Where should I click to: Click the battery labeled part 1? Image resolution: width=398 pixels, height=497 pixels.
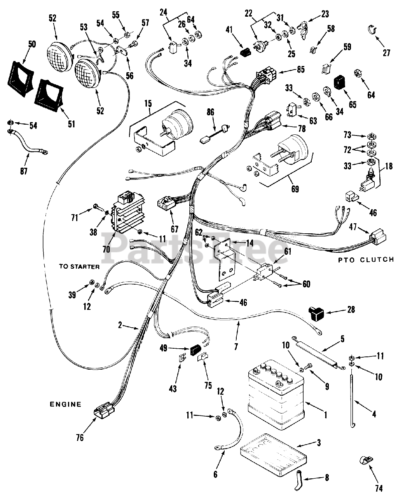point(276,393)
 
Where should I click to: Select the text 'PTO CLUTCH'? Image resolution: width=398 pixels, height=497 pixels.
point(366,260)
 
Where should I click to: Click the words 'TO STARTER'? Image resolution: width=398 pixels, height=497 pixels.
point(79,266)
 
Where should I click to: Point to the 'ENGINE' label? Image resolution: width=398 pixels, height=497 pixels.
point(65,404)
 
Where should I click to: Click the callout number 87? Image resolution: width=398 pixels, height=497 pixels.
point(24,171)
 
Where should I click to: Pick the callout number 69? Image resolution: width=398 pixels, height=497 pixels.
point(295,189)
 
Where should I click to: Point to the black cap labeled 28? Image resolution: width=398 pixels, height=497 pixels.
point(316,313)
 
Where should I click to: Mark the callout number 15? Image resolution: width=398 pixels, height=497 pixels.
point(148,104)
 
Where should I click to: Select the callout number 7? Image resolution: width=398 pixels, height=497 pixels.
point(236,346)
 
